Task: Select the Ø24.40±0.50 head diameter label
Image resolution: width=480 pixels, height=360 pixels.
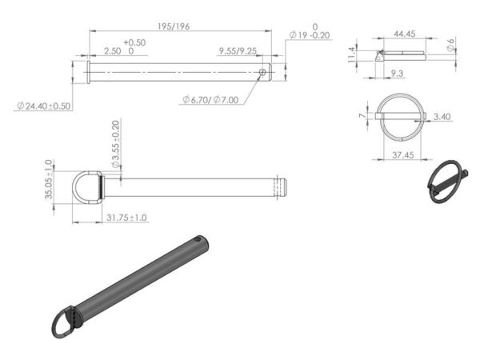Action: coord(45,106)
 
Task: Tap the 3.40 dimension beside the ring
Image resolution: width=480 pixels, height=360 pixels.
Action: coord(441,116)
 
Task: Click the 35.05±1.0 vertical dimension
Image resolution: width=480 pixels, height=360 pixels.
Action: coord(49,178)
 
